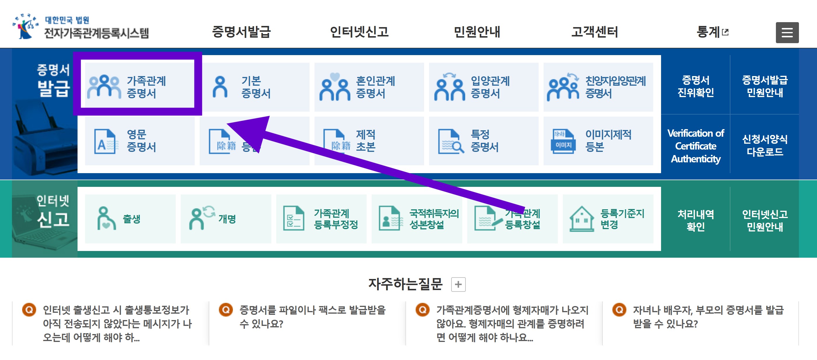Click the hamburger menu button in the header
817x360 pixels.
[787, 32]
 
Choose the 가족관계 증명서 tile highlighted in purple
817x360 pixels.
[137, 87]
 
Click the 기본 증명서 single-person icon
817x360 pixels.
[220, 87]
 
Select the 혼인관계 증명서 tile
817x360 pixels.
[369, 87]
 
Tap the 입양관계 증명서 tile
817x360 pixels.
[483, 87]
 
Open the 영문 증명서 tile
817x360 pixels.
[140, 141]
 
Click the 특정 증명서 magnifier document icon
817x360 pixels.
[451, 141]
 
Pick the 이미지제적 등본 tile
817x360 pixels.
[598, 141]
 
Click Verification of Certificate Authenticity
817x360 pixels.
[695, 146]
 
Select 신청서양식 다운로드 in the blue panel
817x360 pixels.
[764, 145]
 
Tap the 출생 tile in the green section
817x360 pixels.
[130, 219]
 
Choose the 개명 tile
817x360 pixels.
[226, 219]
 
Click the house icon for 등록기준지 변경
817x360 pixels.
[581, 219]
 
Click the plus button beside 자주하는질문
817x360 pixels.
[458, 284]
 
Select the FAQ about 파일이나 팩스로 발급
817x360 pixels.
[312, 317]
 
